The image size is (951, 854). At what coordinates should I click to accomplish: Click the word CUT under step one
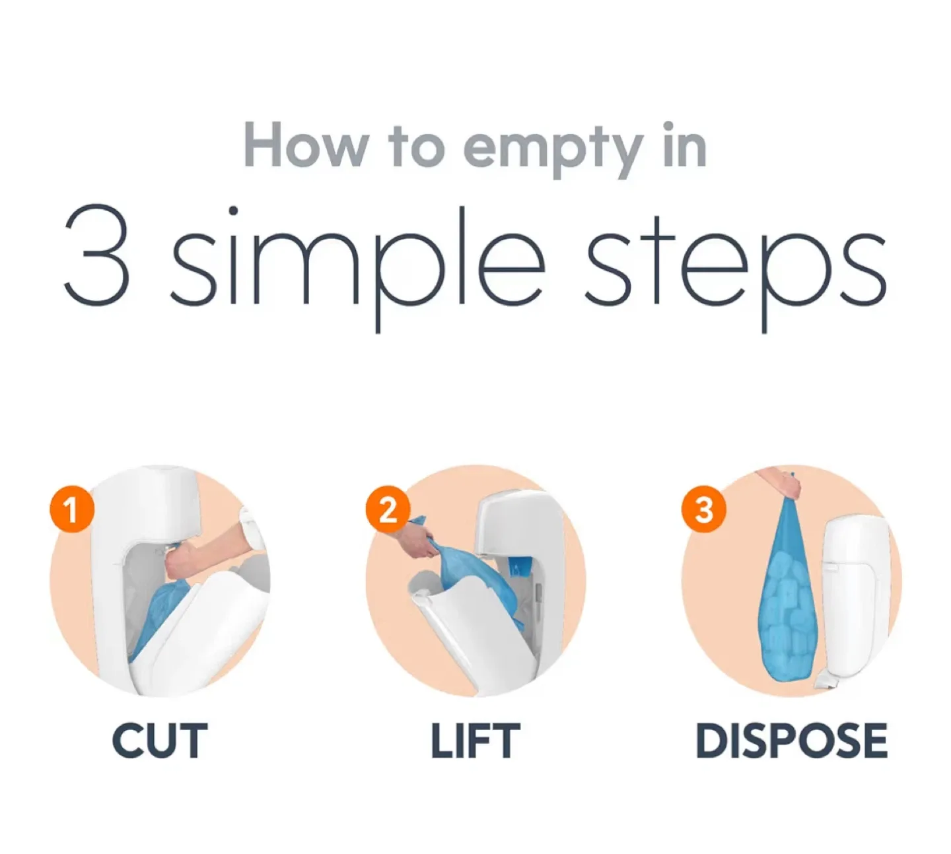point(160,740)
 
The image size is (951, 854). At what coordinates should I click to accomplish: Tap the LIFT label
point(475,740)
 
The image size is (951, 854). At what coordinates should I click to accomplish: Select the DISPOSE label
point(791,740)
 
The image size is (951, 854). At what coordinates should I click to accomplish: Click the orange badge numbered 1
point(72,509)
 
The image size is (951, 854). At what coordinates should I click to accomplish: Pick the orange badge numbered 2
point(388,509)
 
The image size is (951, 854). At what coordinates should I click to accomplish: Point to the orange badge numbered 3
point(704,509)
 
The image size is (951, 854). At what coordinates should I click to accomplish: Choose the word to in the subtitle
point(416,147)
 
